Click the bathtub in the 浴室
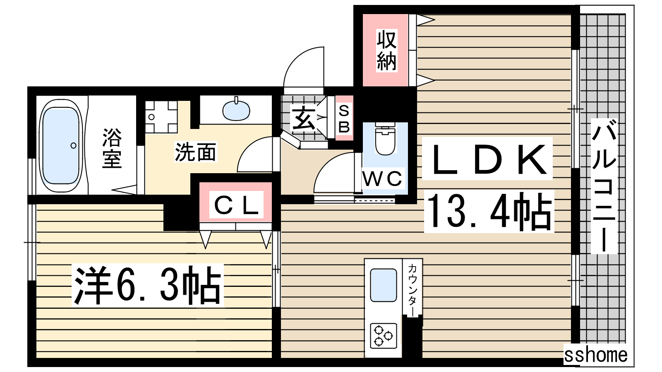[61, 146]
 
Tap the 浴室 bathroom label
[112, 148]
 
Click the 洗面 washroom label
[195, 152]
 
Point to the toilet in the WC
[385, 139]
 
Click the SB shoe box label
[344, 119]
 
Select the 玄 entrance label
[304, 119]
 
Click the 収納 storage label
[386, 50]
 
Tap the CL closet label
[236, 206]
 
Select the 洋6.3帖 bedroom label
[147, 285]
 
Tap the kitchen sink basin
[383, 285]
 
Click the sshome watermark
[595, 355]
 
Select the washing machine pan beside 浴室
[161, 117]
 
